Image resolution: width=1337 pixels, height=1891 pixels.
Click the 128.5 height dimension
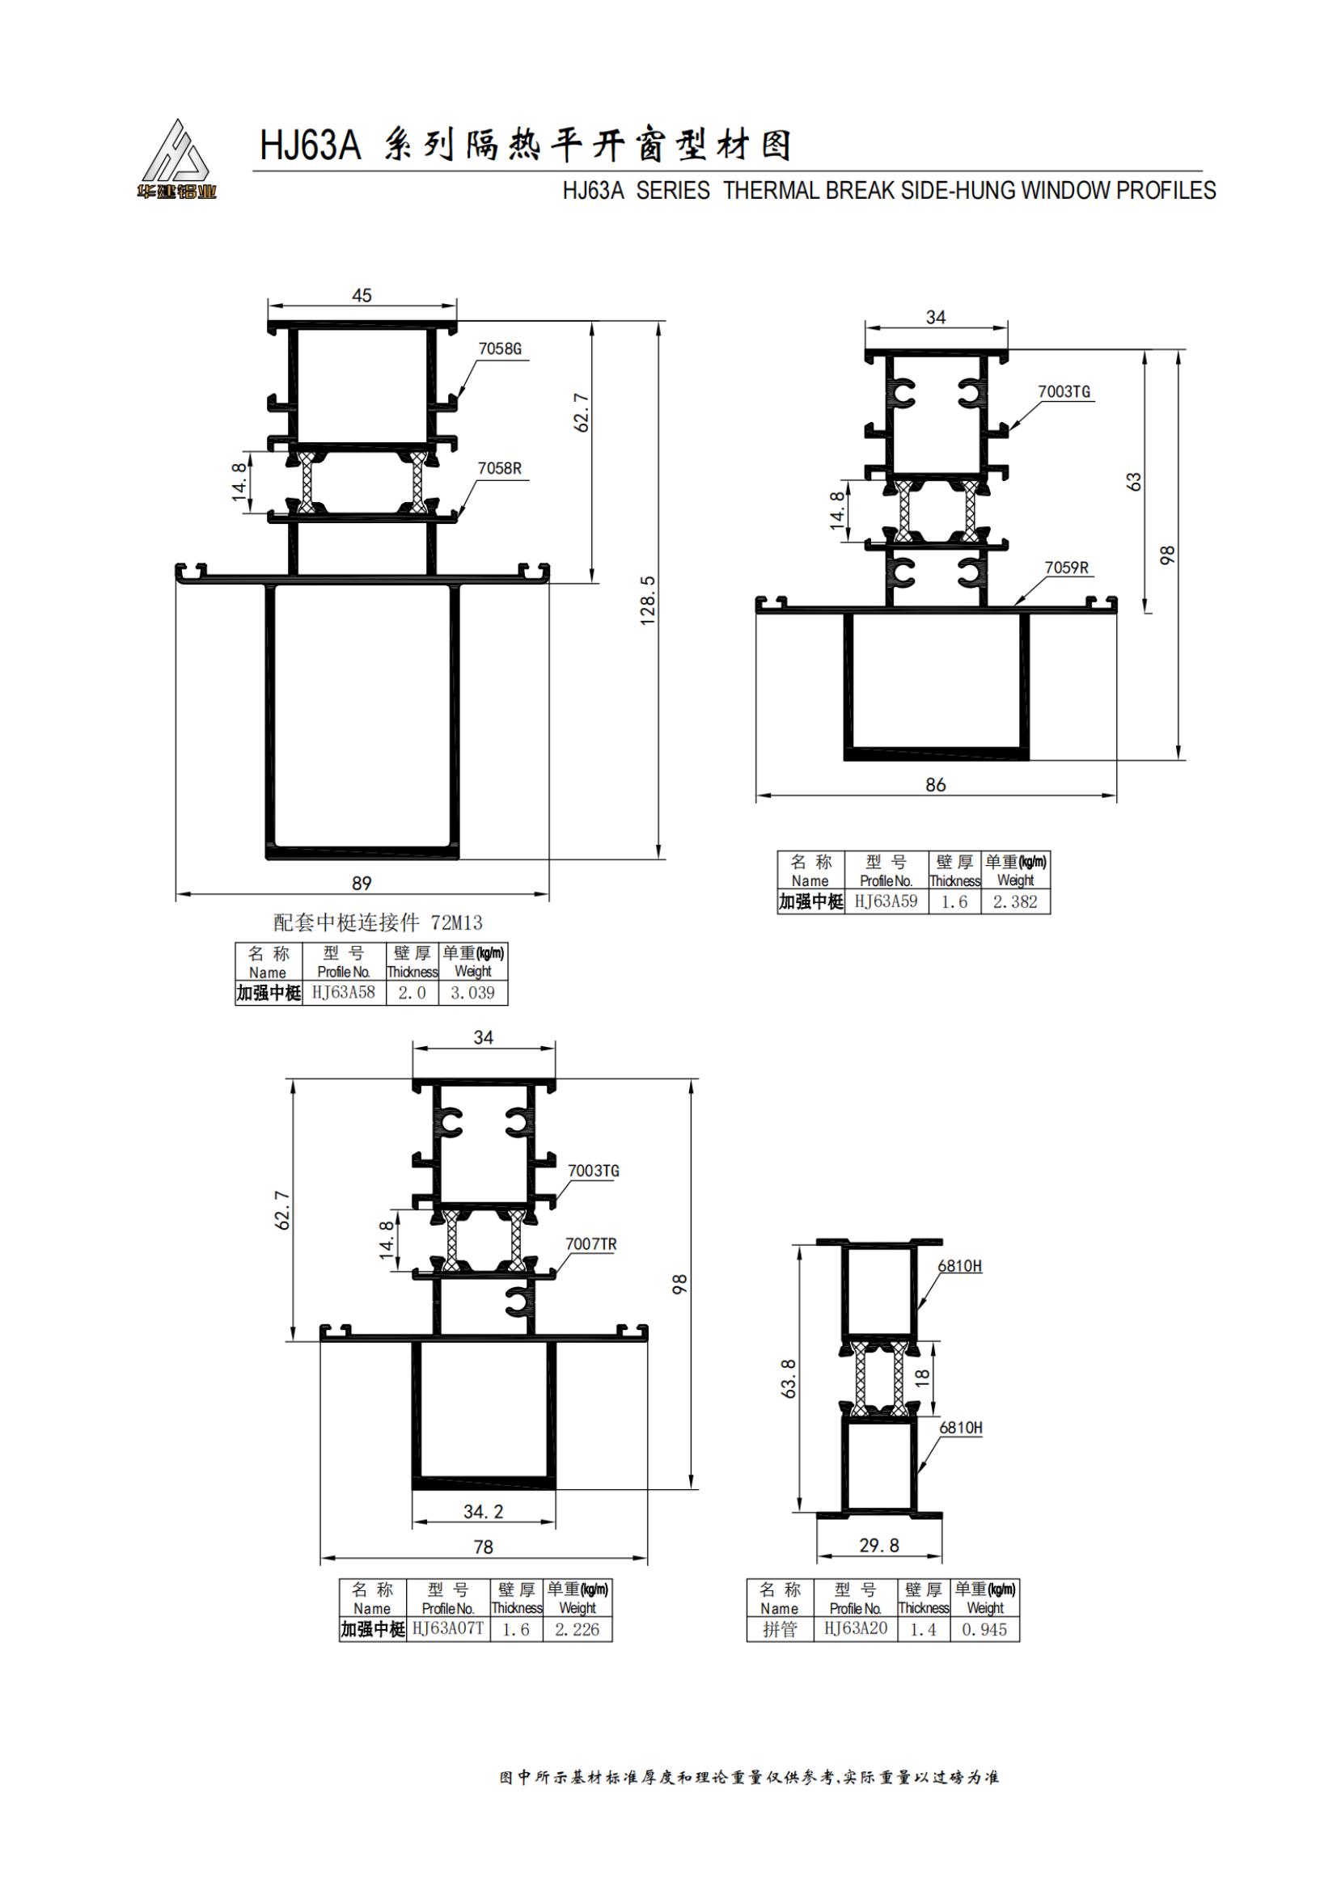pos(649,601)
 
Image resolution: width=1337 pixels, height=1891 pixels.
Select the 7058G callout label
pos(500,349)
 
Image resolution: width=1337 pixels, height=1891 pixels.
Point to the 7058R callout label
pos(500,469)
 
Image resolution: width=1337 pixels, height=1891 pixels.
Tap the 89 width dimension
pos(362,884)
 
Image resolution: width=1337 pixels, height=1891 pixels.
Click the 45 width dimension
pos(362,296)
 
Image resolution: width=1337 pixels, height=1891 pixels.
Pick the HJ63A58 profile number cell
pos(344,993)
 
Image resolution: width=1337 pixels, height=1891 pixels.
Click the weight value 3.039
pos(472,994)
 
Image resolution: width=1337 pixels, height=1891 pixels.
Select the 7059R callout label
pos(1067,568)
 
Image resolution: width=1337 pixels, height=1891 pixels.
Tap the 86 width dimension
pos(936,785)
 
